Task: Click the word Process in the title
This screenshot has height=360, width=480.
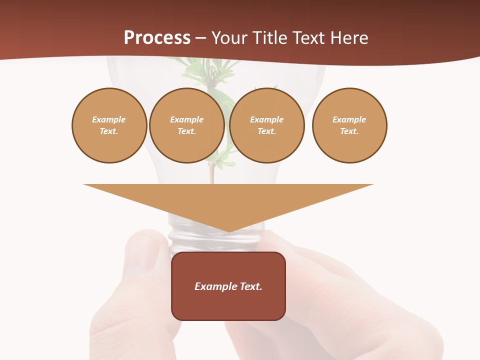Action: pos(157,37)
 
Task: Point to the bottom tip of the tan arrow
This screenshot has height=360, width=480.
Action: pos(229,231)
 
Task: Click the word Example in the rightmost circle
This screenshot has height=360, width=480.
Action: pos(349,119)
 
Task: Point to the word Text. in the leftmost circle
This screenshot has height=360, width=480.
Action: pos(109,131)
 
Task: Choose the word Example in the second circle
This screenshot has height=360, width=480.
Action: pos(187,119)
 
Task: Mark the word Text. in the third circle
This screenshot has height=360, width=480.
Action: pos(267,131)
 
